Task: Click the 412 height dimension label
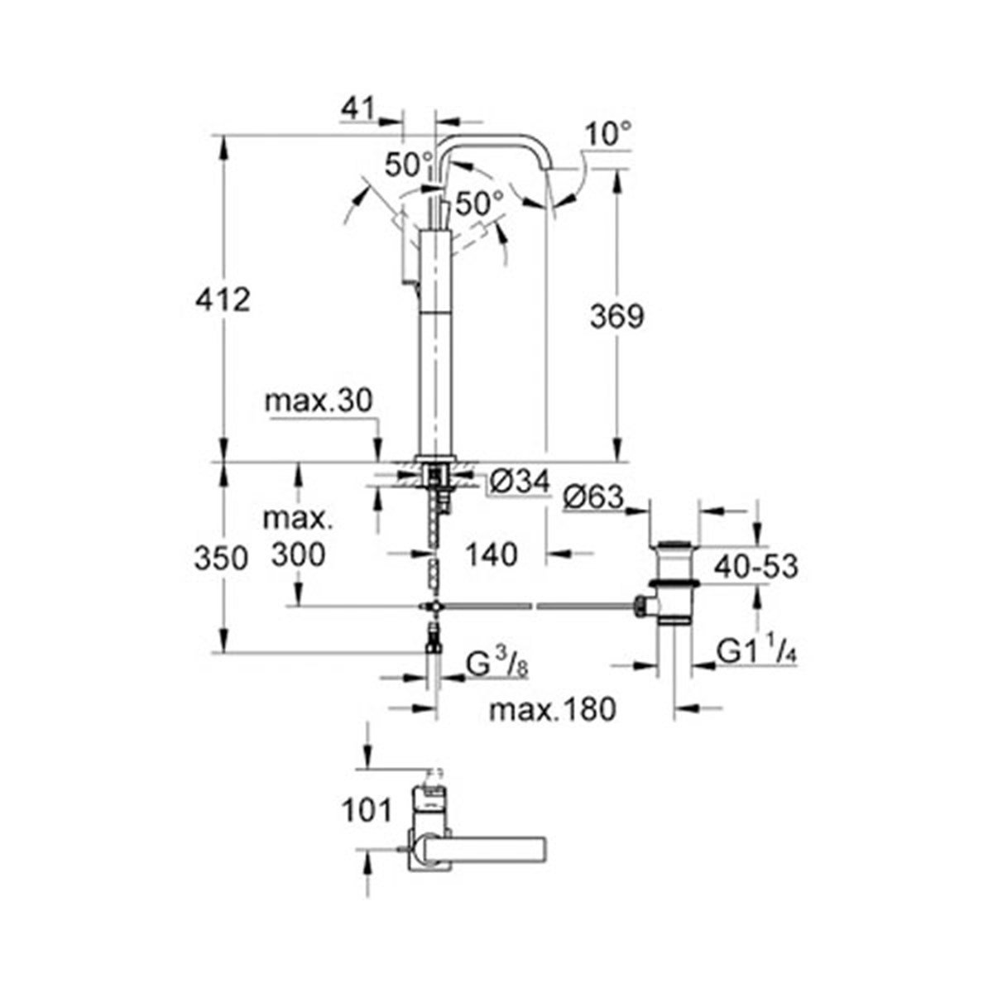[222, 299]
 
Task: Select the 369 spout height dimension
[616, 316]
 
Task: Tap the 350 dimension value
[222, 559]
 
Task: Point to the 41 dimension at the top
[357, 108]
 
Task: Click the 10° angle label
[607, 132]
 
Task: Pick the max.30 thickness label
[319, 402]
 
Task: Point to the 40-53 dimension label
[755, 567]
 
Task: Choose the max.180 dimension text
[552, 709]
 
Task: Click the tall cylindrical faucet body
[436, 348]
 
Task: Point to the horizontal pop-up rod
[538, 608]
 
